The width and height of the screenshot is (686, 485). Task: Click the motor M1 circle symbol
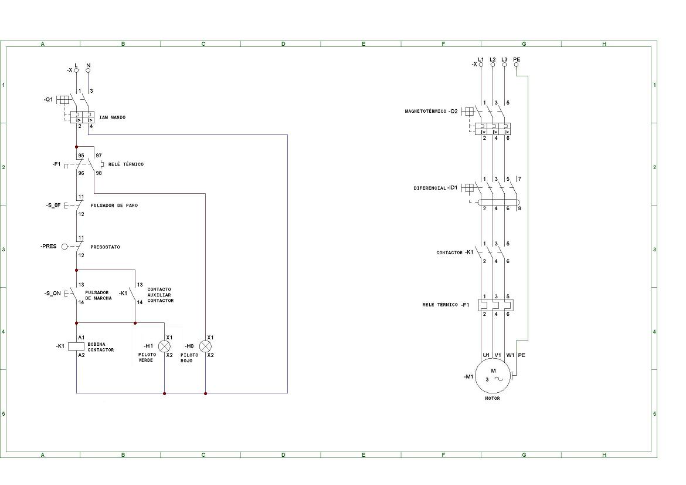click(493, 375)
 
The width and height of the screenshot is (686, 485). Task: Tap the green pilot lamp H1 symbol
click(164, 346)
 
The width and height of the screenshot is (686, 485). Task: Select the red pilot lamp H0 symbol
click(205, 346)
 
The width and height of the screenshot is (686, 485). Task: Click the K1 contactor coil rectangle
click(77, 346)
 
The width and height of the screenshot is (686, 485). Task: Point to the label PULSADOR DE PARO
click(114, 206)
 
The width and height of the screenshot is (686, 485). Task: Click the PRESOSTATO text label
click(105, 247)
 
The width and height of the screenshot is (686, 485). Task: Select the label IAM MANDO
click(112, 117)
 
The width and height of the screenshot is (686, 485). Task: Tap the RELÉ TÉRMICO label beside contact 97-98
click(126, 164)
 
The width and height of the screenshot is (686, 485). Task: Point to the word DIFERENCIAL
click(430, 188)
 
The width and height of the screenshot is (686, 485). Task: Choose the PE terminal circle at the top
click(517, 65)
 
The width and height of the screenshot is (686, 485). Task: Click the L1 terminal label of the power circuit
click(481, 59)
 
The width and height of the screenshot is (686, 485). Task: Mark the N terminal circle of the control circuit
click(89, 70)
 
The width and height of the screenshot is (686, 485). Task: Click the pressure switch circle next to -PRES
click(64, 247)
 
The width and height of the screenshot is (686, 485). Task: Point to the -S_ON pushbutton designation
click(52, 293)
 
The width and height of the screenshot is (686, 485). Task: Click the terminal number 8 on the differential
click(519, 208)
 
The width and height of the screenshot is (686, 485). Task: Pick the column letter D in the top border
click(283, 44)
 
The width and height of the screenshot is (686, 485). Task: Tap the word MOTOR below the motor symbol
click(493, 398)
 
